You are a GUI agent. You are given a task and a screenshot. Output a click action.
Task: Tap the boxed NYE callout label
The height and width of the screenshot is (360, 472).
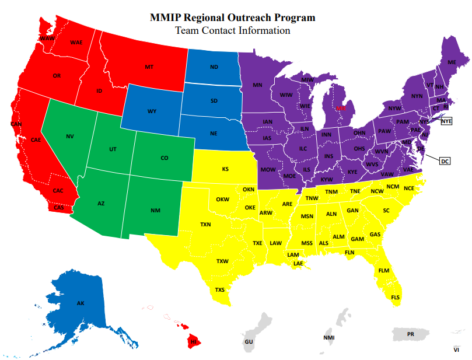tap(446, 121)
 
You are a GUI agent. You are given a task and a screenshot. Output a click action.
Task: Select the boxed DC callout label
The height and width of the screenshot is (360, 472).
tap(444, 161)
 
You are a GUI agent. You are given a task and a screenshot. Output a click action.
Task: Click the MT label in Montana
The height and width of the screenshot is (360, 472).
tap(149, 68)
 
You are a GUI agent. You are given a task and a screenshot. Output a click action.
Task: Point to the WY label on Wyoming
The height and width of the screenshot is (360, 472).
tap(152, 111)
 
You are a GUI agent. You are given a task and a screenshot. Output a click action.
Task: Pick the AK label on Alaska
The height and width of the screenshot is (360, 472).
tap(81, 303)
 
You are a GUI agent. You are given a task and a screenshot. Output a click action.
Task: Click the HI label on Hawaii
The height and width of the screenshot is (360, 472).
tap(193, 341)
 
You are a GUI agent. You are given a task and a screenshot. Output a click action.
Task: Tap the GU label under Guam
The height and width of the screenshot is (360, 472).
tap(249, 341)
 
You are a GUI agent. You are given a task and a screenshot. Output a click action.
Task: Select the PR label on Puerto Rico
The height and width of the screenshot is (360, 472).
tap(410, 334)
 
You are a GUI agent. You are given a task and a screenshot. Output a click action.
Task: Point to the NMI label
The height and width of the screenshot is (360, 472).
tap(328, 338)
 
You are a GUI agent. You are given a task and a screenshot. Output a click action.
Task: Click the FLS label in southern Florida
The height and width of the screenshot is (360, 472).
tap(396, 298)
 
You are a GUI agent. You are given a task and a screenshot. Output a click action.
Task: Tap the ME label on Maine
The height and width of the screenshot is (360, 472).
tap(451, 62)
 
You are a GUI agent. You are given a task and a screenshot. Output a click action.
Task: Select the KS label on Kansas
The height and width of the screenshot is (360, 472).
tap(225, 170)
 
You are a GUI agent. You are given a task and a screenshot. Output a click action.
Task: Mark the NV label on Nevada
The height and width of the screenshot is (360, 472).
tap(70, 137)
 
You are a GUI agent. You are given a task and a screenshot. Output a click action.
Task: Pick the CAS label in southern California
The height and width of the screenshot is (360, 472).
tap(59, 208)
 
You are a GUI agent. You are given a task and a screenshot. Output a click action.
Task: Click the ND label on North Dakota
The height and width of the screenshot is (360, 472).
tap(214, 67)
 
